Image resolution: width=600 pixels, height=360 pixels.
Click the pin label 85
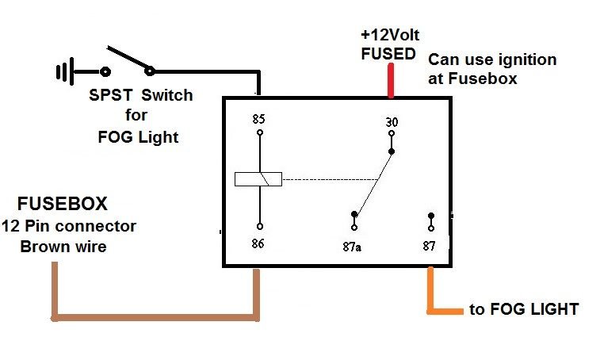pos(258,120)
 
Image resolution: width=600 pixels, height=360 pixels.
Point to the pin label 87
pos(430,247)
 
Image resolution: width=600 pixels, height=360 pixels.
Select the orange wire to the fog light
pos(432,293)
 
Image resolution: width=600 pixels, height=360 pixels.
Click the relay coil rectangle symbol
pos(258,180)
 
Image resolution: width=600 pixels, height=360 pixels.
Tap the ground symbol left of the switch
pos(64,72)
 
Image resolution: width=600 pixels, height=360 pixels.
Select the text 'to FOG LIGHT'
pos(524,309)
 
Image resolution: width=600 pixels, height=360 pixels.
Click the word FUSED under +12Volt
pos(388,54)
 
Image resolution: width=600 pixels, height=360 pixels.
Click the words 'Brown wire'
pos(63,247)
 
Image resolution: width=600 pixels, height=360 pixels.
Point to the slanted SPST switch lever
pos(127,59)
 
